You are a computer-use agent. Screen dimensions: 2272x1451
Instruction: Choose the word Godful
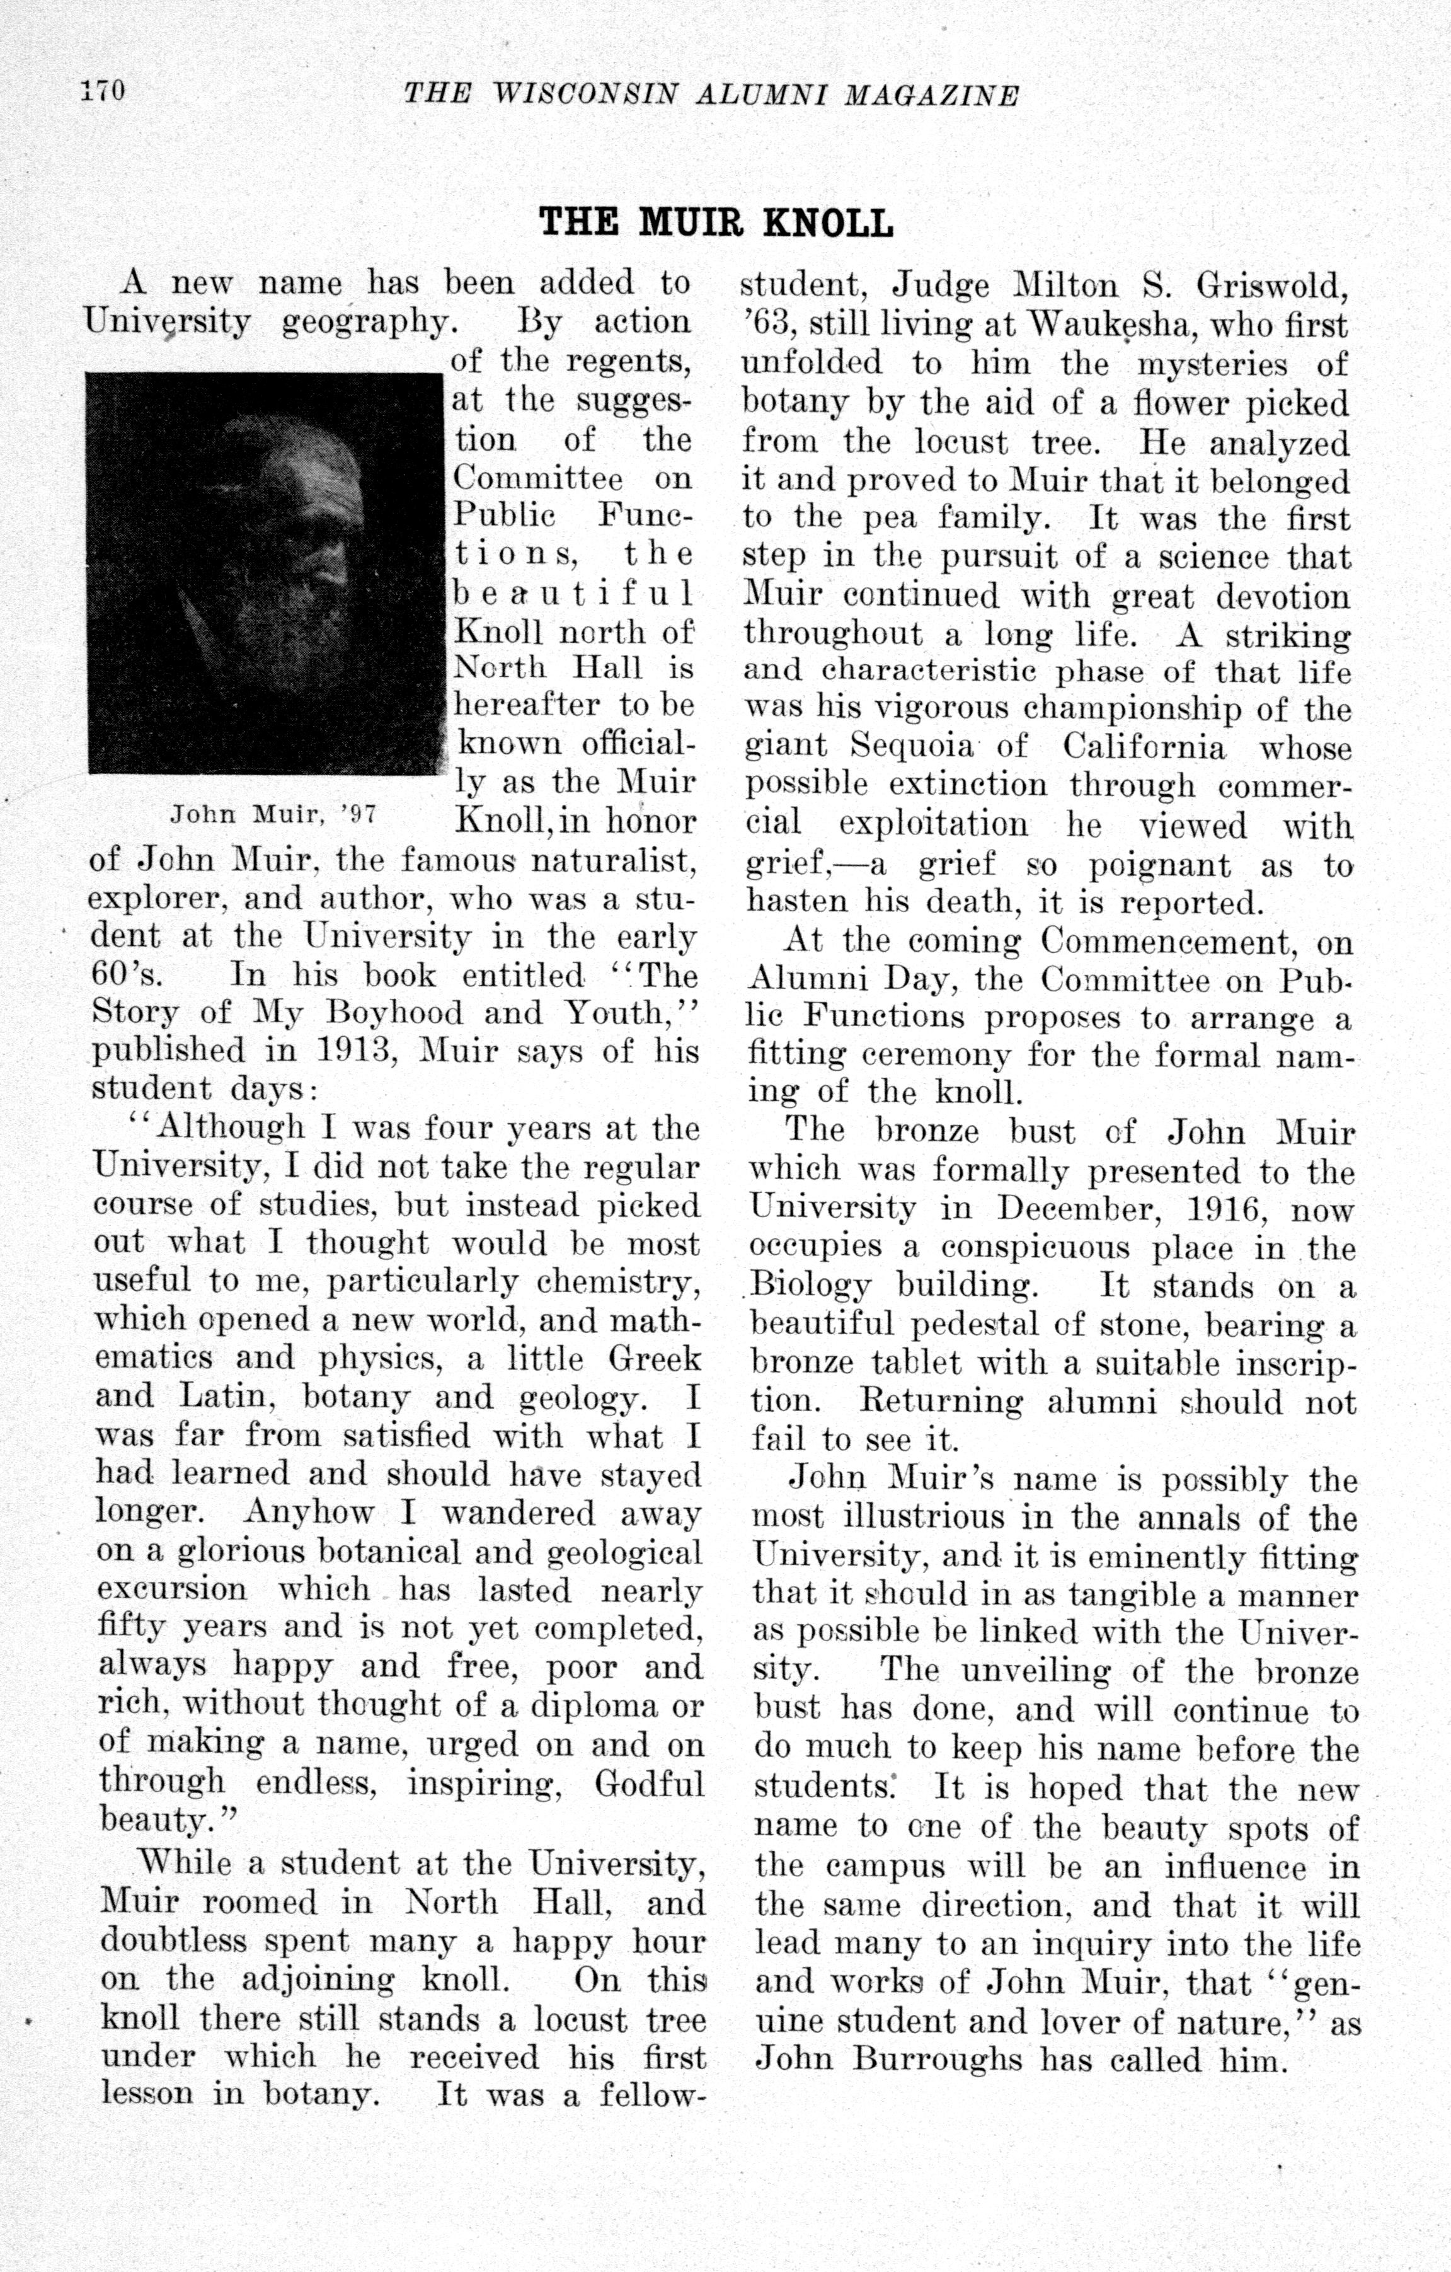pyautogui.click(x=649, y=1784)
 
